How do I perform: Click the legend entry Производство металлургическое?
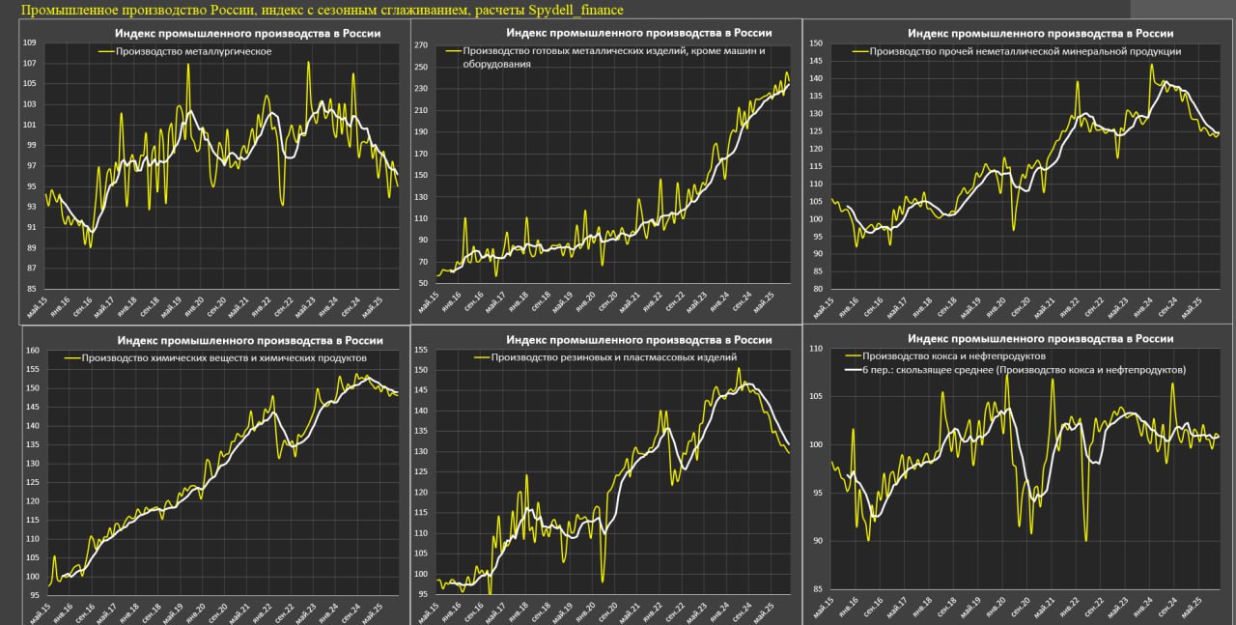[x=193, y=49]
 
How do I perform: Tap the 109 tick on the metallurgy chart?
[x=29, y=43]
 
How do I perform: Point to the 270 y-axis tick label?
[x=420, y=45]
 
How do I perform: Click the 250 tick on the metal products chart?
[x=420, y=67]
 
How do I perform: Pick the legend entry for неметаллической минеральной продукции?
[x=1025, y=51]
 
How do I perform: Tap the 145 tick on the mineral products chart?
[x=816, y=61]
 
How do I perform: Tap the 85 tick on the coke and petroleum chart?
[x=816, y=588]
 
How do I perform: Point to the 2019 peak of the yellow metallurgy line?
[x=188, y=65]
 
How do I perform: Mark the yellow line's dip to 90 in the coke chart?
[x=1086, y=539]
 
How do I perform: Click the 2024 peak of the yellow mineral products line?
[x=1151, y=65]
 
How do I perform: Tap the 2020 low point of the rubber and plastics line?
[x=603, y=581]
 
